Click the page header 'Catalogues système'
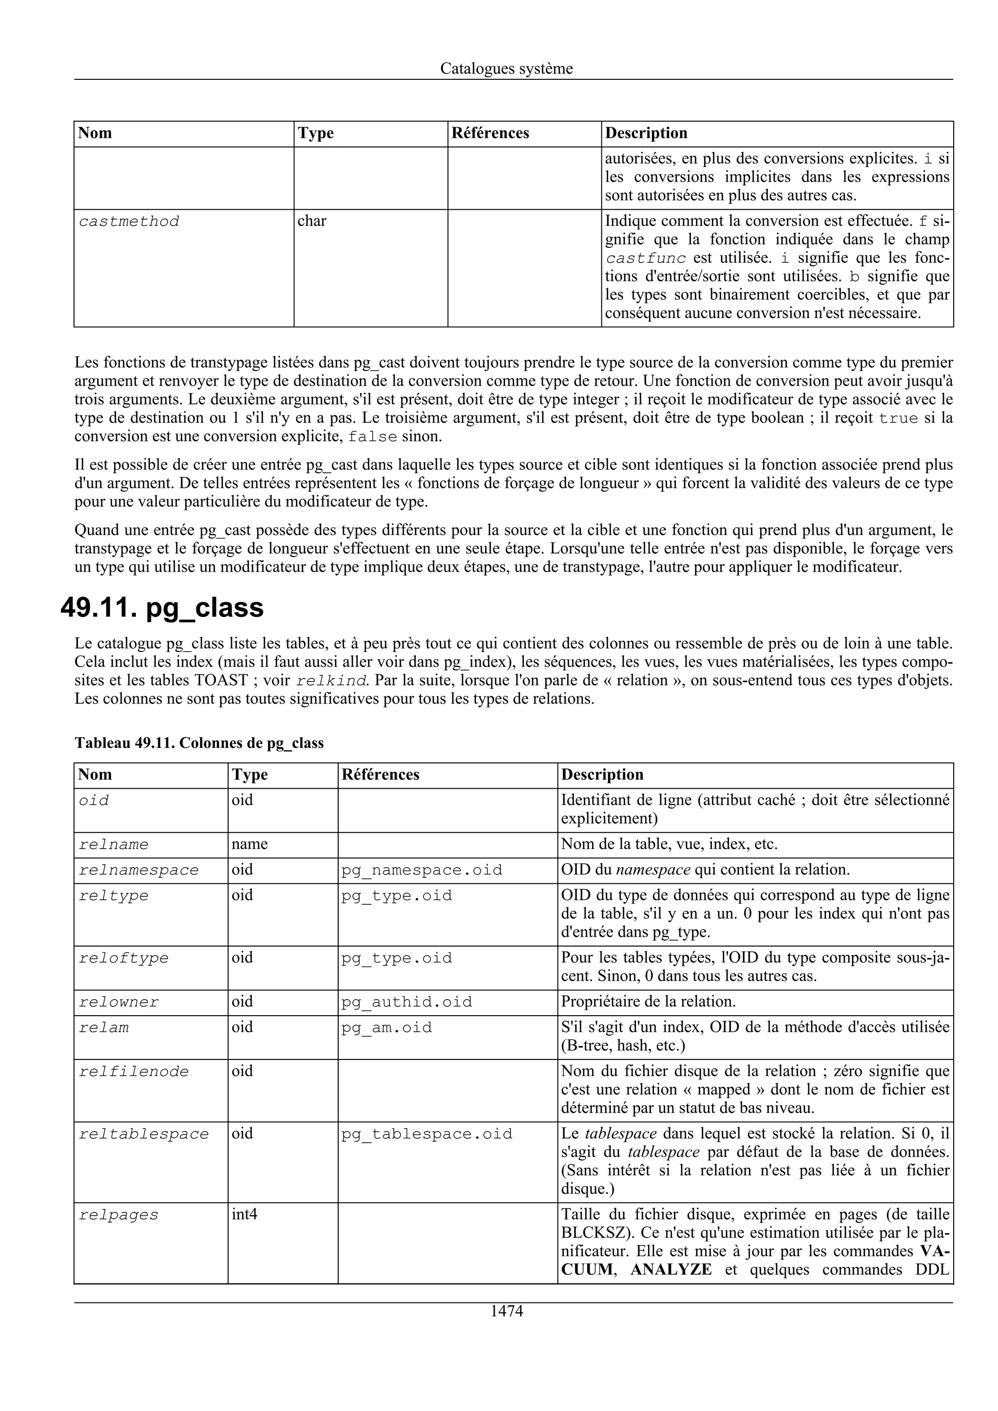pos(506,69)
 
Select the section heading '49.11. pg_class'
pos(162,607)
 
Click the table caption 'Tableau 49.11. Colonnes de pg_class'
pos(199,743)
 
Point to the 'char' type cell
pos(312,221)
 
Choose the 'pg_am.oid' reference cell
pos(387,1027)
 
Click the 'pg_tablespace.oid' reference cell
pos(427,1134)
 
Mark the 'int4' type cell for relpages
pos(245,1214)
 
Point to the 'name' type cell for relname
pos(249,844)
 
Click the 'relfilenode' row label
pos(134,1072)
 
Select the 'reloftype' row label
pos(124,958)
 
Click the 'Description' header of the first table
pos(646,133)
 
